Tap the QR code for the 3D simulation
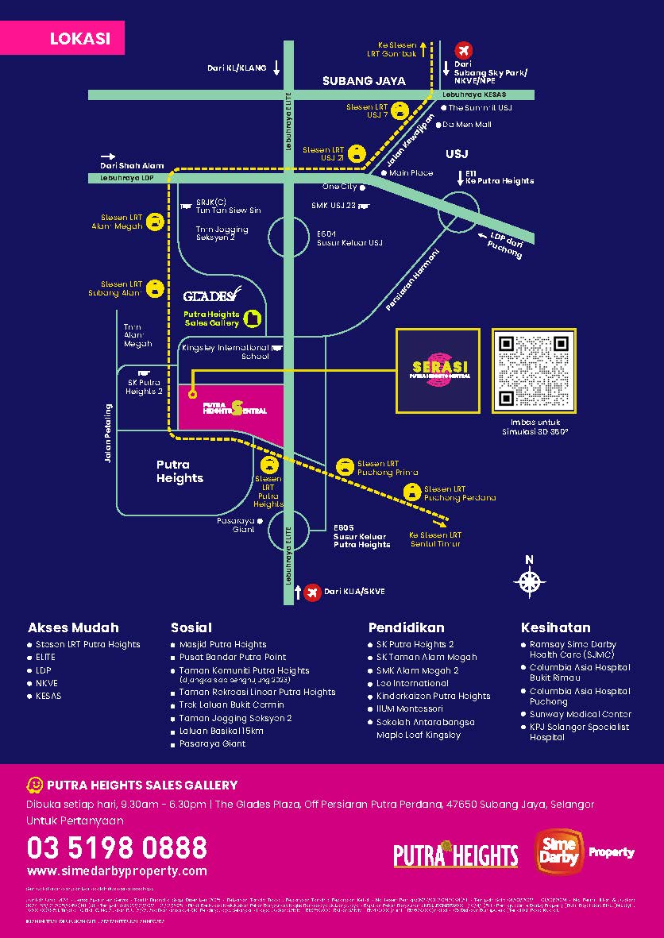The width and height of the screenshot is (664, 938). tap(534, 370)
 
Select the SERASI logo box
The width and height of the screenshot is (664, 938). tap(438, 370)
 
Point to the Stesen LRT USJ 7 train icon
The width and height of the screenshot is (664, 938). tap(400, 111)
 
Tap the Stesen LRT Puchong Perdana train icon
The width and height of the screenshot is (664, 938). tap(411, 493)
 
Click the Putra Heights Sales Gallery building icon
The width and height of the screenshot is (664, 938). tap(253, 318)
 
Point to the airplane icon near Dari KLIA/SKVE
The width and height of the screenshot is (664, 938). tap(312, 592)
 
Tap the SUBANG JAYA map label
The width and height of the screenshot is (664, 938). tap(364, 81)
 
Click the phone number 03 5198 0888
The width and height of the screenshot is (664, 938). tap(117, 847)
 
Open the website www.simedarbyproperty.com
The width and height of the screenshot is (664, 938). tap(117, 871)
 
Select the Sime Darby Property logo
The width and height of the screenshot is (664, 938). tap(585, 851)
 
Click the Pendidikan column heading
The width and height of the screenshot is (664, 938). tap(406, 627)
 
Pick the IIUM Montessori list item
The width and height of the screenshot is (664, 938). tap(410, 708)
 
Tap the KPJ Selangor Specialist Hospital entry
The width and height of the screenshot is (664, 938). tap(579, 731)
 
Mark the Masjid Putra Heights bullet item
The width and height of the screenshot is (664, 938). tap(222, 644)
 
